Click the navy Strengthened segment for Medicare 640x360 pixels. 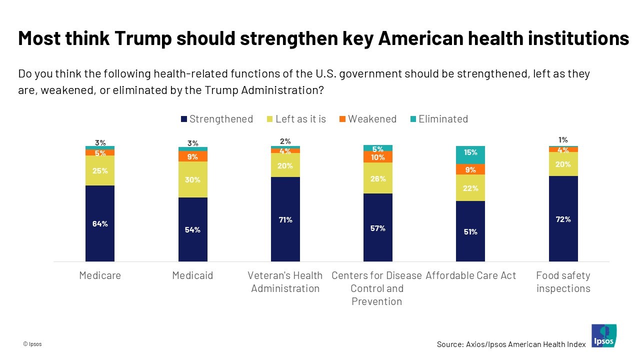click(100, 223)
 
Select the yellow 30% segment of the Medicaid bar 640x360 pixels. click(193, 179)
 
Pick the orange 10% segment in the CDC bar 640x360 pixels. click(378, 157)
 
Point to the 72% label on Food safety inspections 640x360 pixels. click(563, 219)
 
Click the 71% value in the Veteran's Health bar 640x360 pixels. click(285, 219)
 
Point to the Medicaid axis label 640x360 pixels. click(192, 275)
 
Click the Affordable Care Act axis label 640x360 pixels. click(470, 275)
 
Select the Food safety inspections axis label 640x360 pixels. click(563, 282)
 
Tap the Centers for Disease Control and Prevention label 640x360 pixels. click(377, 288)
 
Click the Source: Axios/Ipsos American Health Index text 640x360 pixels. click(511, 344)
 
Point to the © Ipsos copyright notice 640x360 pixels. click(32, 344)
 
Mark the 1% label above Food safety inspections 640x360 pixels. click(563, 140)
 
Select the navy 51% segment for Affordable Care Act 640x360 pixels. click(470, 231)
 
